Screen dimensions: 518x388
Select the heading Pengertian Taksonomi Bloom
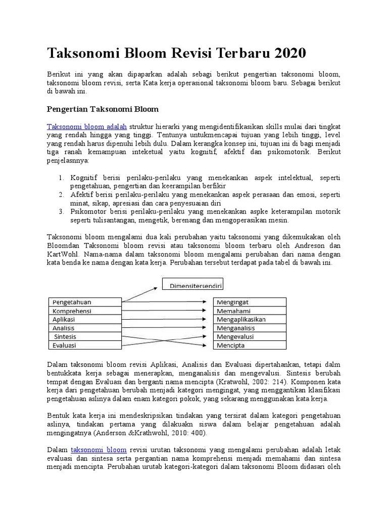click(103, 109)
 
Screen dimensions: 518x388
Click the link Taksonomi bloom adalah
click(87, 126)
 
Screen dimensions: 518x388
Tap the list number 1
click(60, 178)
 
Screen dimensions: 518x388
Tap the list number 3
click(60, 212)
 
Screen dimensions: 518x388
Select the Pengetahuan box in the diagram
click(84, 302)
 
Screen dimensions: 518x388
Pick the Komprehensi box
click(84, 311)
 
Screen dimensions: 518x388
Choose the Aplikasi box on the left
click(84, 319)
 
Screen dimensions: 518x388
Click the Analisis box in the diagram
click(84, 328)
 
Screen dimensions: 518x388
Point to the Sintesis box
click(84, 336)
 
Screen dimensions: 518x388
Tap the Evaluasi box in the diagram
click(84, 346)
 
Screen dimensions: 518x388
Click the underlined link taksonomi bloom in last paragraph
click(99, 449)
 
